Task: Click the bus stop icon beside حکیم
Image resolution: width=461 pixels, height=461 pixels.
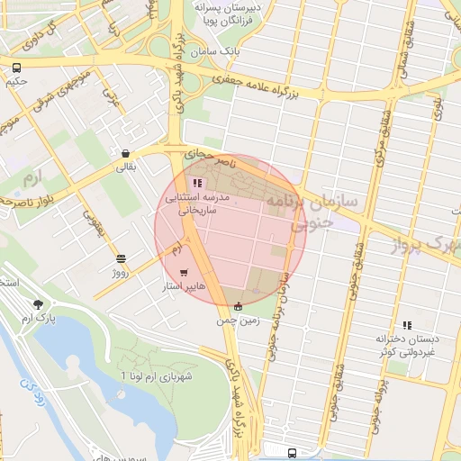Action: tap(17, 67)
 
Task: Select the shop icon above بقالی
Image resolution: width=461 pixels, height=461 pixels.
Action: tap(124, 153)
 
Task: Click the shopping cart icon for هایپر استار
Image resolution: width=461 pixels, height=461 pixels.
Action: tap(185, 272)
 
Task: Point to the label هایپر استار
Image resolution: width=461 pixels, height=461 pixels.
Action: tap(183, 287)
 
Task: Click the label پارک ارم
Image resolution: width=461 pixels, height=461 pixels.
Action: tap(39, 319)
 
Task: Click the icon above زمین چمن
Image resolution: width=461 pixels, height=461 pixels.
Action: tap(237, 306)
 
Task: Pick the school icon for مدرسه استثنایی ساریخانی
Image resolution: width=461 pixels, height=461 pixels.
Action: tap(197, 183)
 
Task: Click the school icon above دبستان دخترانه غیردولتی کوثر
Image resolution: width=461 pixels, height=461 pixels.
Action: tap(407, 325)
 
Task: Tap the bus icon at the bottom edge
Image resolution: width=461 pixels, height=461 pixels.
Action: tap(291, 453)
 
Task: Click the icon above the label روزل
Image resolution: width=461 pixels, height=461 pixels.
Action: tap(122, 258)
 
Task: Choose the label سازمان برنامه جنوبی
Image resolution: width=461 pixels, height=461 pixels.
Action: tap(324, 209)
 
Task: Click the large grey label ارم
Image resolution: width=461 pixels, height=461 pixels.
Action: tap(34, 171)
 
